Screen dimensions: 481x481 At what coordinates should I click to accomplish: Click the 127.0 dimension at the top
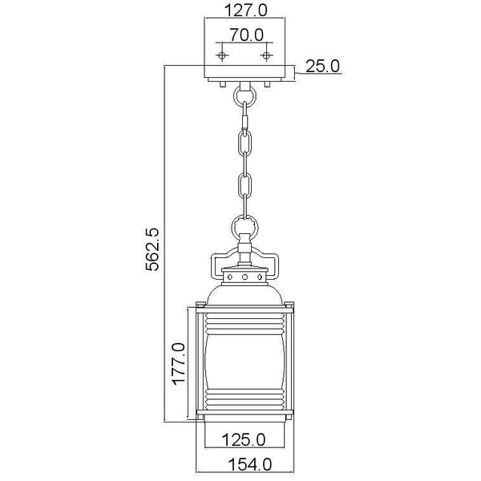point(245,10)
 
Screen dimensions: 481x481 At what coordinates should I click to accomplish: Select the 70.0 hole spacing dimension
point(245,35)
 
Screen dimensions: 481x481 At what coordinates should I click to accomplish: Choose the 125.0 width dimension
point(245,439)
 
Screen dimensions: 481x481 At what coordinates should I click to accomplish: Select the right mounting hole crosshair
point(267,55)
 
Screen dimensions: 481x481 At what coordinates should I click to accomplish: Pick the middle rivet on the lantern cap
point(245,277)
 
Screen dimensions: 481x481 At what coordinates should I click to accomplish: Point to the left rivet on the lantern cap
point(229,277)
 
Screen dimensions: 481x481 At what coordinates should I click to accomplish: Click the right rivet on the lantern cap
point(261,277)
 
